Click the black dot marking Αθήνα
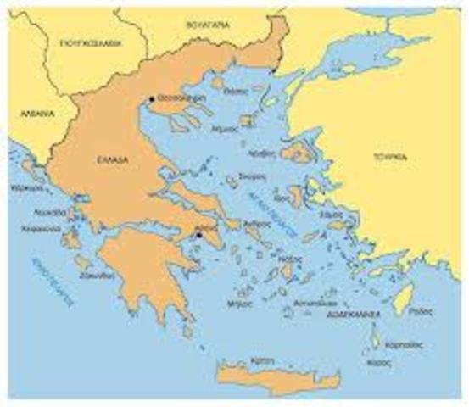click(x=199, y=238)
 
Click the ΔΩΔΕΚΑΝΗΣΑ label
click(x=353, y=314)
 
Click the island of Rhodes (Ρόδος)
click(x=405, y=298)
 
